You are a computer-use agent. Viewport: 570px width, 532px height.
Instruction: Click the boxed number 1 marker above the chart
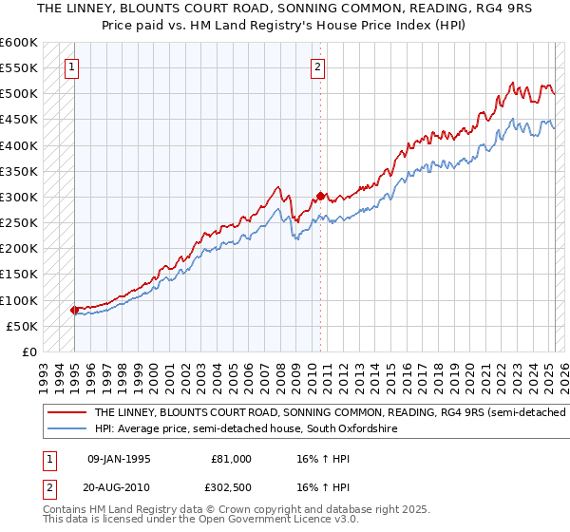(x=73, y=66)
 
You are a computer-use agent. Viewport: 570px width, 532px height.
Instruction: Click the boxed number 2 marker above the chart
(x=317, y=66)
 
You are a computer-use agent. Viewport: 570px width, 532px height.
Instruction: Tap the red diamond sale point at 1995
(x=74, y=310)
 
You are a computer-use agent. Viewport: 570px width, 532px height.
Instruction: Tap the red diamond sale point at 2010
(x=321, y=196)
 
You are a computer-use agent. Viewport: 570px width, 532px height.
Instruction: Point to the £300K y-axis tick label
(x=19, y=197)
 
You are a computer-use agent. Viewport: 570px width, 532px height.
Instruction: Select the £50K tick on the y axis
(x=22, y=326)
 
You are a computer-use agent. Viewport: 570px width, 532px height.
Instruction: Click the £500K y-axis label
(x=19, y=93)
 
